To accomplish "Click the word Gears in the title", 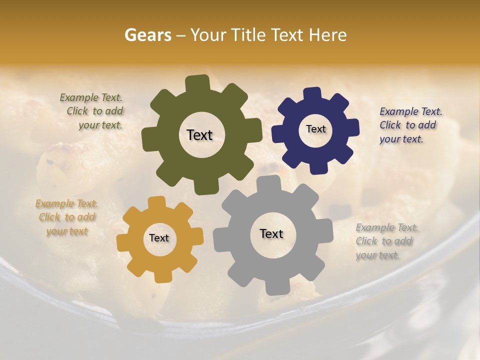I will [147, 35].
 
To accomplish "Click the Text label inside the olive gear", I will [199, 135].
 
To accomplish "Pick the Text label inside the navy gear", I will [315, 129].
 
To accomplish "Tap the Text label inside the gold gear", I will [159, 238].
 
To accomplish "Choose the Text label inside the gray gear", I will [271, 233].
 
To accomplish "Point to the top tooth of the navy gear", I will [311, 94].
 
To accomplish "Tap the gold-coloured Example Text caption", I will [66, 217].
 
